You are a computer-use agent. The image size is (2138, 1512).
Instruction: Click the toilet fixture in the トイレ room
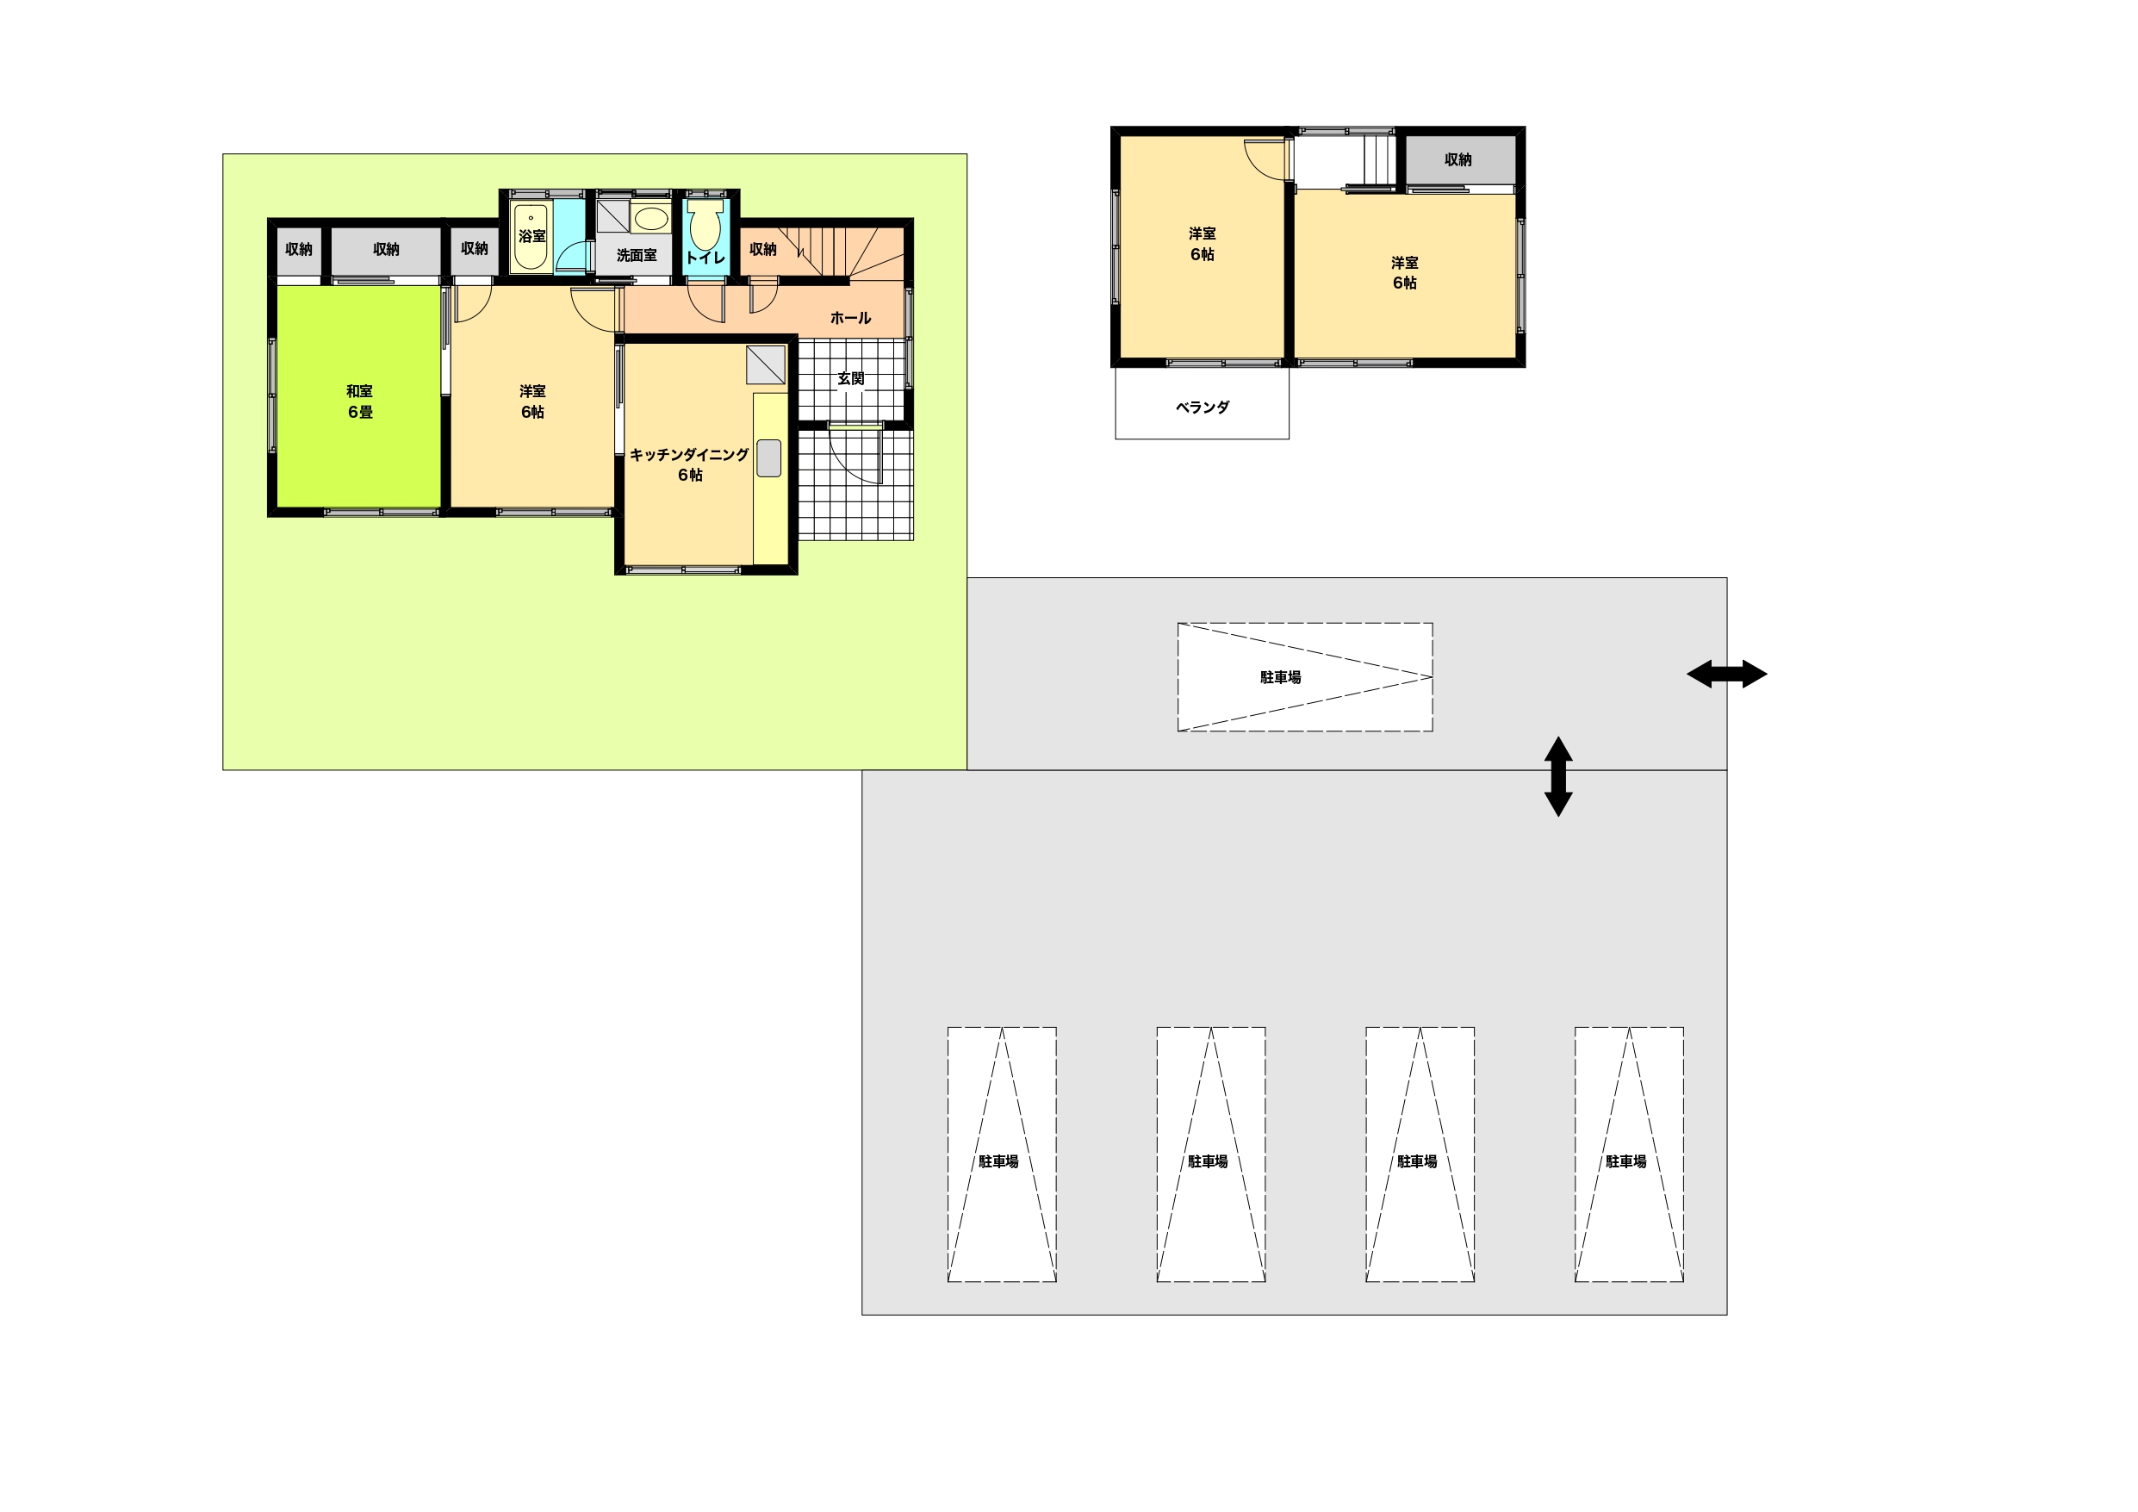(x=705, y=224)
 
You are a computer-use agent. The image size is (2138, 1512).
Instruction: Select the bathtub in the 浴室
(x=531, y=237)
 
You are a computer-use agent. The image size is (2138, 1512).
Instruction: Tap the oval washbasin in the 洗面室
(x=651, y=219)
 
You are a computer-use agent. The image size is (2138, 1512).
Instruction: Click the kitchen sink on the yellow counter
(x=768, y=457)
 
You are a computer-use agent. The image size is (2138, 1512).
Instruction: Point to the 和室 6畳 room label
(x=359, y=401)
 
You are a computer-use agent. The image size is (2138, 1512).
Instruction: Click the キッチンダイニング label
(x=689, y=455)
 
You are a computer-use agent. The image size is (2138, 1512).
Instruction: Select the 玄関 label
(x=850, y=378)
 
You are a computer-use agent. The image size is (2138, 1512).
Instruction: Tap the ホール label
(x=850, y=318)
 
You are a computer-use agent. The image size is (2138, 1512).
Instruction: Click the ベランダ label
(x=1203, y=408)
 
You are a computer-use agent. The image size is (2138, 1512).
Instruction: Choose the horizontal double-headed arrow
(x=1726, y=674)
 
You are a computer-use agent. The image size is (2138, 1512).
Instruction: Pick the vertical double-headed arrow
(x=1558, y=777)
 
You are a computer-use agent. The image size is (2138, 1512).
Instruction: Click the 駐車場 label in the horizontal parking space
(x=1280, y=677)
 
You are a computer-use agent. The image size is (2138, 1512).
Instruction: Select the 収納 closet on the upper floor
(x=1458, y=160)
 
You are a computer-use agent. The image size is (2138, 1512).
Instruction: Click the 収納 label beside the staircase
(x=762, y=249)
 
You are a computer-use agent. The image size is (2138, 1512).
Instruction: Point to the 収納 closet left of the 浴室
(x=474, y=249)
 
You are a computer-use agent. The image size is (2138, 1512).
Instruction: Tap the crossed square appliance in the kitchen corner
(x=766, y=365)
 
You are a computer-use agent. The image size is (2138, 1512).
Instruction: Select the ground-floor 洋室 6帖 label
(x=532, y=401)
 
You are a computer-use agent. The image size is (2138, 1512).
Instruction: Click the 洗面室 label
(x=636, y=254)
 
